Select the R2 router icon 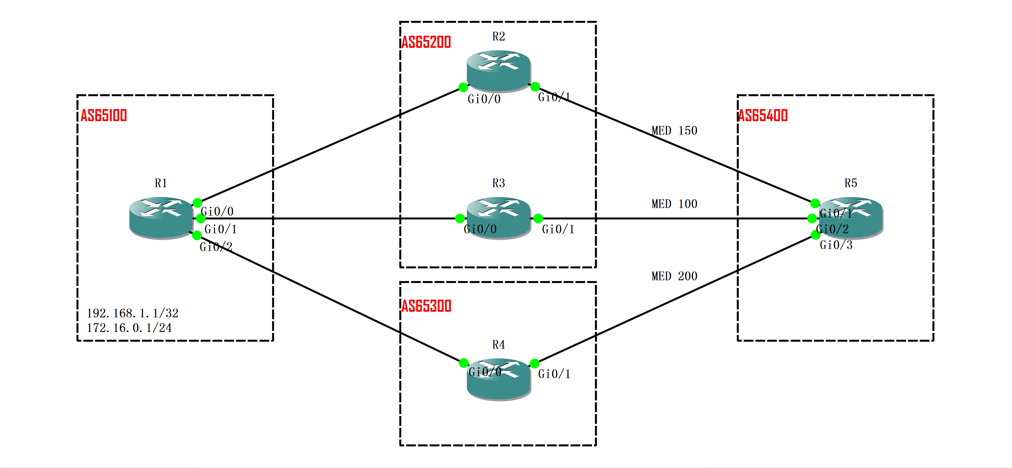pyautogui.click(x=498, y=71)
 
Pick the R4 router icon pyautogui.click(x=498, y=379)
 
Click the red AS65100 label pyautogui.click(x=104, y=116)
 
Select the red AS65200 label pyautogui.click(x=426, y=42)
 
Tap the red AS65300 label pyautogui.click(x=426, y=306)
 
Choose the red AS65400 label pyautogui.click(x=763, y=116)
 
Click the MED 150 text pyautogui.click(x=674, y=130)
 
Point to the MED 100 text pyautogui.click(x=674, y=204)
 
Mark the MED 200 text pyautogui.click(x=674, y=276)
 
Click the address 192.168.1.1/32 pyautogui.click(x=132, y=313)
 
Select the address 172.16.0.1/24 pyautogui.click(x=129, y=328)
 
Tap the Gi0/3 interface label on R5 pyautogui.click(x=836, y=245)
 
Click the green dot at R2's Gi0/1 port pyautogui.click(x=535, y=87)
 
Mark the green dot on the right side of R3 pyautogui.click(x=538, y=218)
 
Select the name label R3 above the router pyautogui.click(x=498, y=183)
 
